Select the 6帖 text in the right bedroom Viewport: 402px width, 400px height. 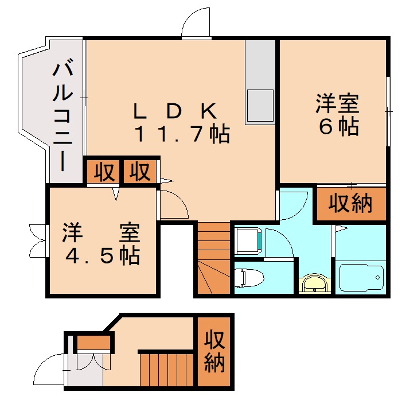click(338, 127)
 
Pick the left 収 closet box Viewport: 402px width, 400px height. click(104, 172)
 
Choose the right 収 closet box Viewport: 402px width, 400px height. click(139, 172)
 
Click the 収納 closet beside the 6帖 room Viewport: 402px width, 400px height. click(350, 204)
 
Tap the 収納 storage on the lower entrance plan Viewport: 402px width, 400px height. click(214, 351)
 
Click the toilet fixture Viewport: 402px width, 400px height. click(249, 277)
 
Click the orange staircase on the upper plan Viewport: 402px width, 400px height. click(212, 258)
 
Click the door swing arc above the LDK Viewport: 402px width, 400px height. click(197, 24)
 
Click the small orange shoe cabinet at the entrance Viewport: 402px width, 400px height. click(93, 343)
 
